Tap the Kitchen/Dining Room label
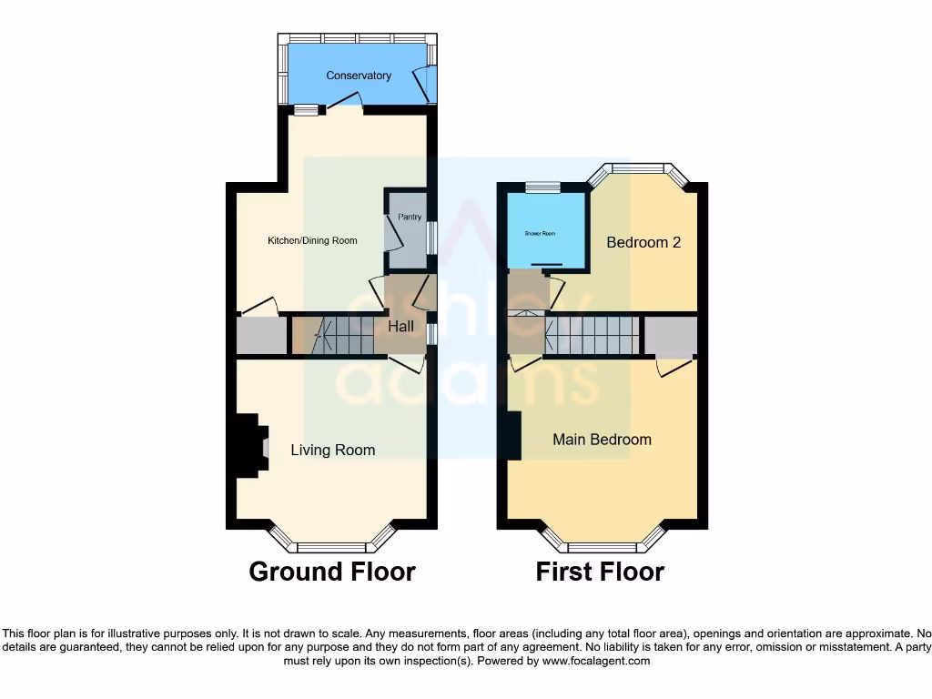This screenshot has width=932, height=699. click(x=311, y=241)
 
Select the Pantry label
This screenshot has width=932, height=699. click(x=410, y=217)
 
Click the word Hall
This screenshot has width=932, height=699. click(x=400, y=326)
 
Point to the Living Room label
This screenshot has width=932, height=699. click(x=332, y=450)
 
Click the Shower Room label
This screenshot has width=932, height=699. click(x=539, y=234)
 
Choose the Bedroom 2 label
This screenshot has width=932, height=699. click(x=643, y=243)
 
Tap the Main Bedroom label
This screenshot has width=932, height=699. click(x=602, y=440)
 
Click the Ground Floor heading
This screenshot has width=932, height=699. click(x=332, y=572)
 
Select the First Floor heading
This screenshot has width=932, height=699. click(x=600, y=572)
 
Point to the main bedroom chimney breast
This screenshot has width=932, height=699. click(x=514, y=436)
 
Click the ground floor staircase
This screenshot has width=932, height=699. click(x=341, y=335)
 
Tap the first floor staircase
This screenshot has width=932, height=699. click(x=590, y=335)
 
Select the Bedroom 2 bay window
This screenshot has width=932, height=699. click(x=637, y=168)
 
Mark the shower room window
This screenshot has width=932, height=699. click(x=542, y=187)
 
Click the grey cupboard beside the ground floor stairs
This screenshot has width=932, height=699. click(x=261, y=336)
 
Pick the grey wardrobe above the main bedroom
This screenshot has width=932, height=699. click(x=671, y=336)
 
